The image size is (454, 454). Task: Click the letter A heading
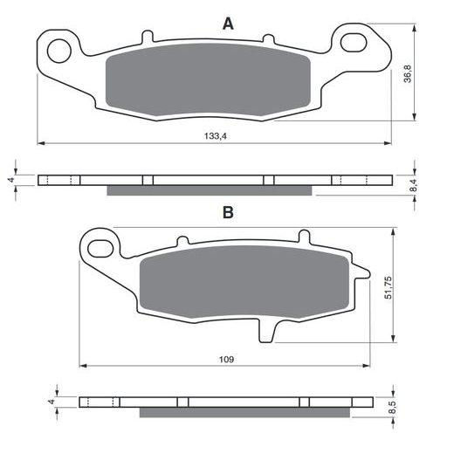(228, 24)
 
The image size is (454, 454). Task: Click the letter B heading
(228, 212)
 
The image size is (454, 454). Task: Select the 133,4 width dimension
(215, 136)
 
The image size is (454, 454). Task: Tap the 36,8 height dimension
(408, 74)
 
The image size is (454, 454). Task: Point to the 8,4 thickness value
(415, 185)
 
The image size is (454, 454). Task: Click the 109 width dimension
(226, 360)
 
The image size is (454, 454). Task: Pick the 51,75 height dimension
(389, 287)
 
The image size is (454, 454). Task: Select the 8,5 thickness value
(392, 408)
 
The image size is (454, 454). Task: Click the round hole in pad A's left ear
(59, 51)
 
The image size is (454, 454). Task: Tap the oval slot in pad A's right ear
(354, 43)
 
